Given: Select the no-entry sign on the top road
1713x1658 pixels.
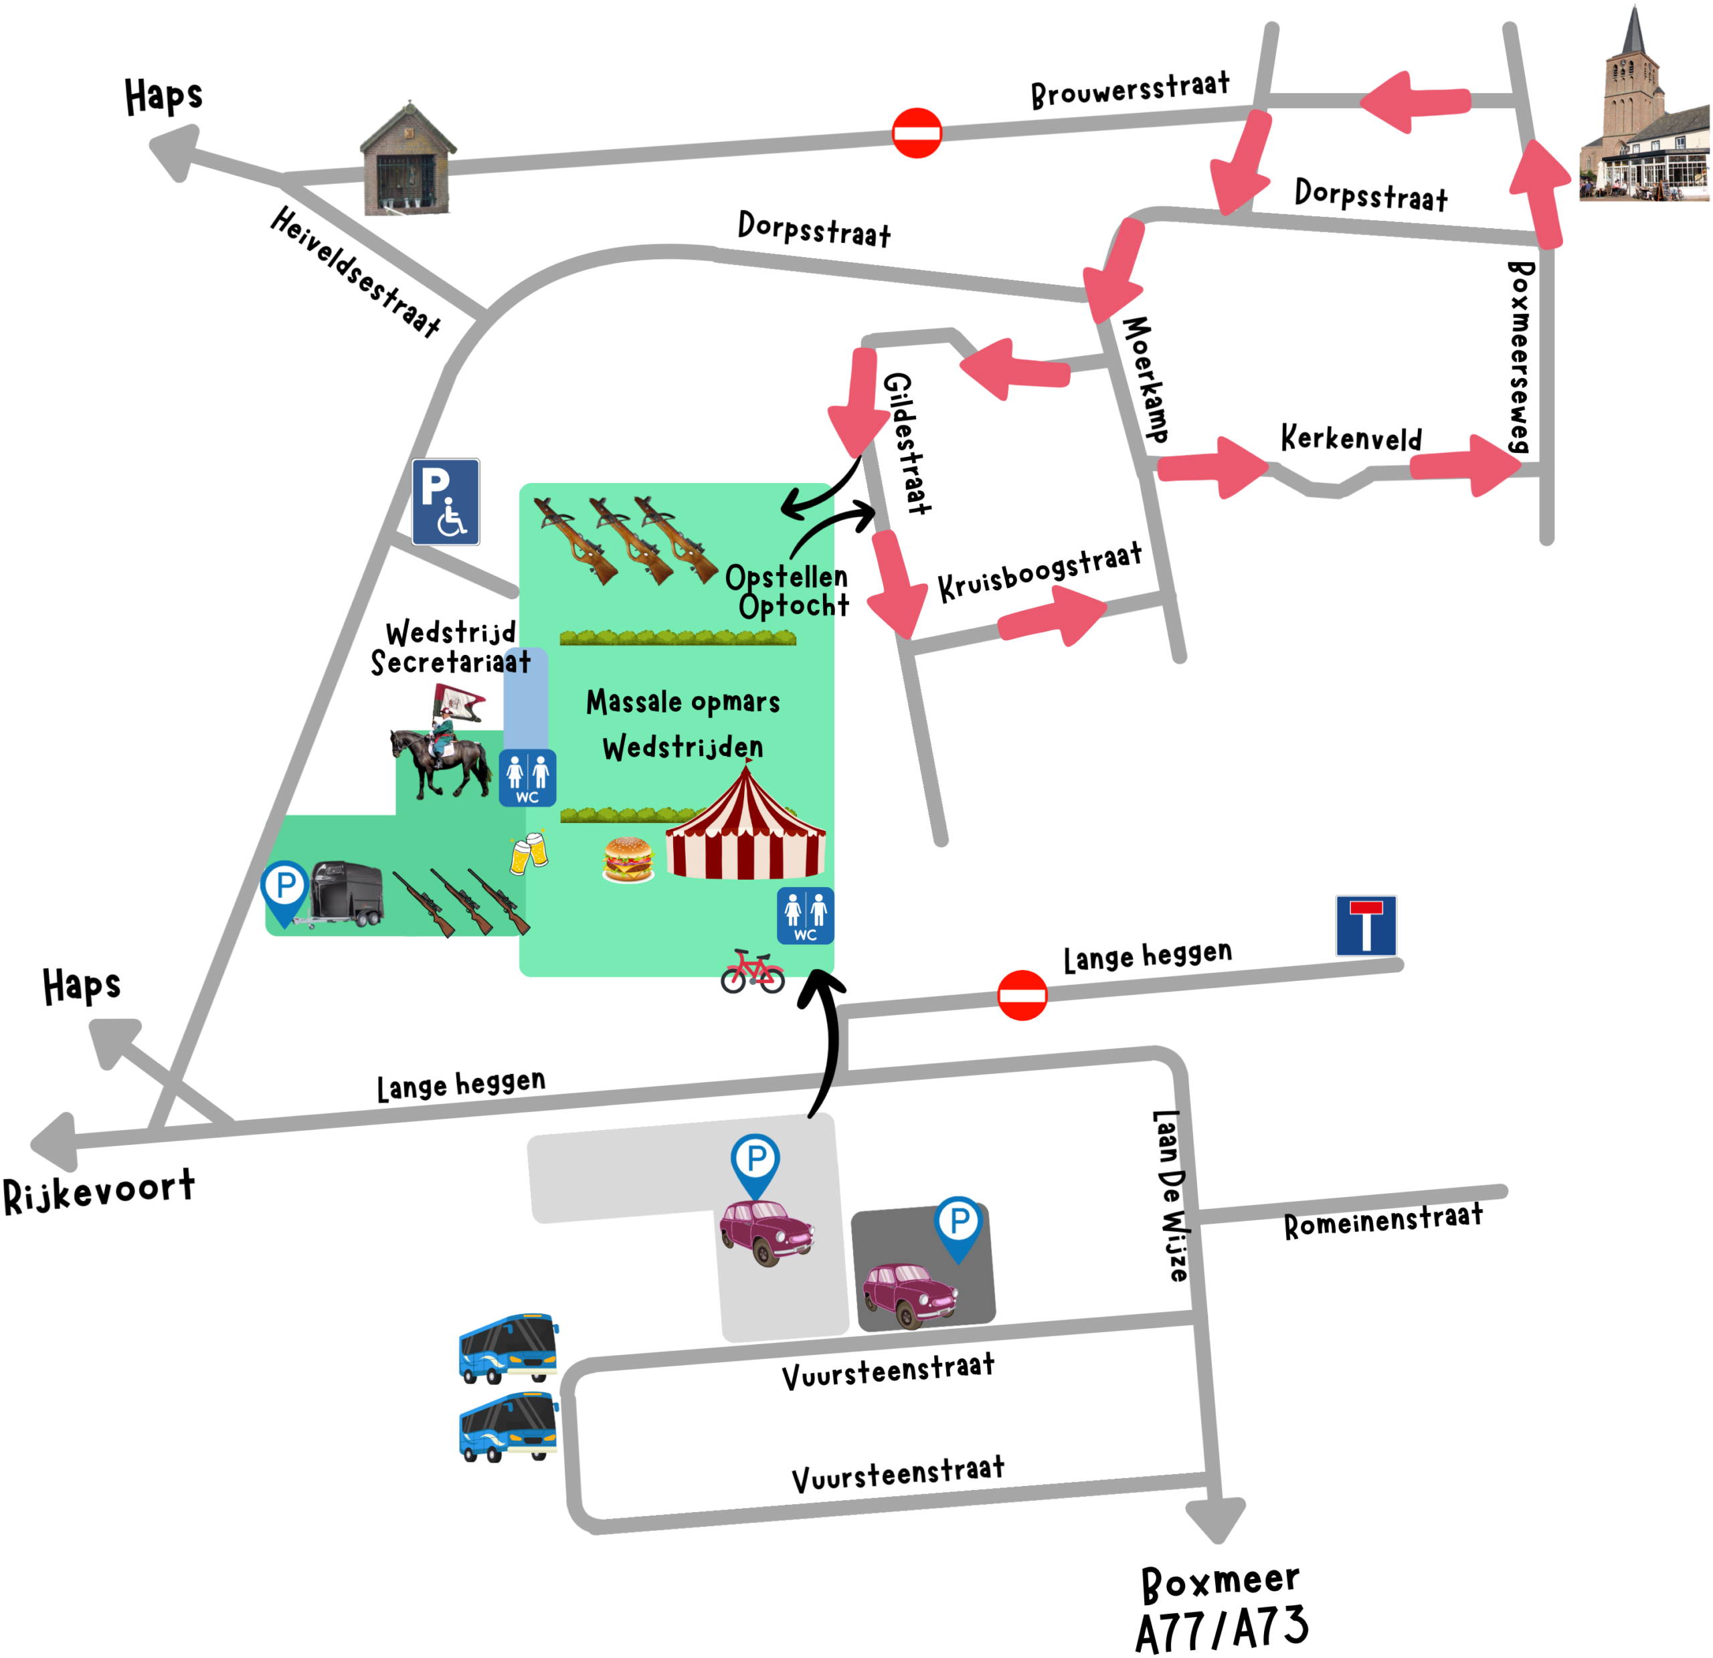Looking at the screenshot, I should tap(916, 133).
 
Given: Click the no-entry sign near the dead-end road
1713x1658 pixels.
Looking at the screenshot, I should tap(1022, 995).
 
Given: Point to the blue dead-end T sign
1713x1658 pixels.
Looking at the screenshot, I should tap(1365, 925).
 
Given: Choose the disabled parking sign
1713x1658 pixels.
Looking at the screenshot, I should tap(446, 502).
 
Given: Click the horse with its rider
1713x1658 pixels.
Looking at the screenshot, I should tap(442, 751).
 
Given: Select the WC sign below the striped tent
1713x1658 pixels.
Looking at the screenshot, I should tap(805, 916).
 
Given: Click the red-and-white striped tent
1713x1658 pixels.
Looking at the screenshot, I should tap(745, 826).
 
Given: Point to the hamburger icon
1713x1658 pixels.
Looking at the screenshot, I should tap(628, 860).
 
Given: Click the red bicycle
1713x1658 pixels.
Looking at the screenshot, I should tap(753, 972).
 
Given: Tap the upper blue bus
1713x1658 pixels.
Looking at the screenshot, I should tap(509, 1347).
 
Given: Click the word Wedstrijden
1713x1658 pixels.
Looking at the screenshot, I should tap(683, 747).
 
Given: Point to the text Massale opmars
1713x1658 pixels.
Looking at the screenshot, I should tap(683, 702).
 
